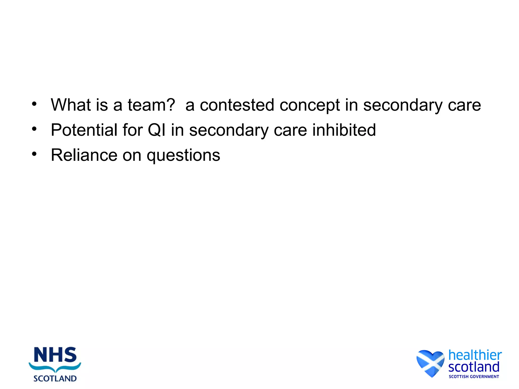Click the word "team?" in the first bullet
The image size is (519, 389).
[151, 105]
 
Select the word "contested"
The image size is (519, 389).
[237, 105]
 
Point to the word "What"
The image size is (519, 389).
[71, 105]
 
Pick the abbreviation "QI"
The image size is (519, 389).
[156, 130]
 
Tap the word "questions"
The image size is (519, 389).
[183, 155]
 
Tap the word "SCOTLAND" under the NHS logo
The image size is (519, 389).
[55, 378]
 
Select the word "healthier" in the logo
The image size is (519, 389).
[475, 355]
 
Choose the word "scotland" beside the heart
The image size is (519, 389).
[474, 367]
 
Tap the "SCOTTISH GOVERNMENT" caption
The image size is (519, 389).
[474, 377]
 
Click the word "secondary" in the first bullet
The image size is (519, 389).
[403, 105]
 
